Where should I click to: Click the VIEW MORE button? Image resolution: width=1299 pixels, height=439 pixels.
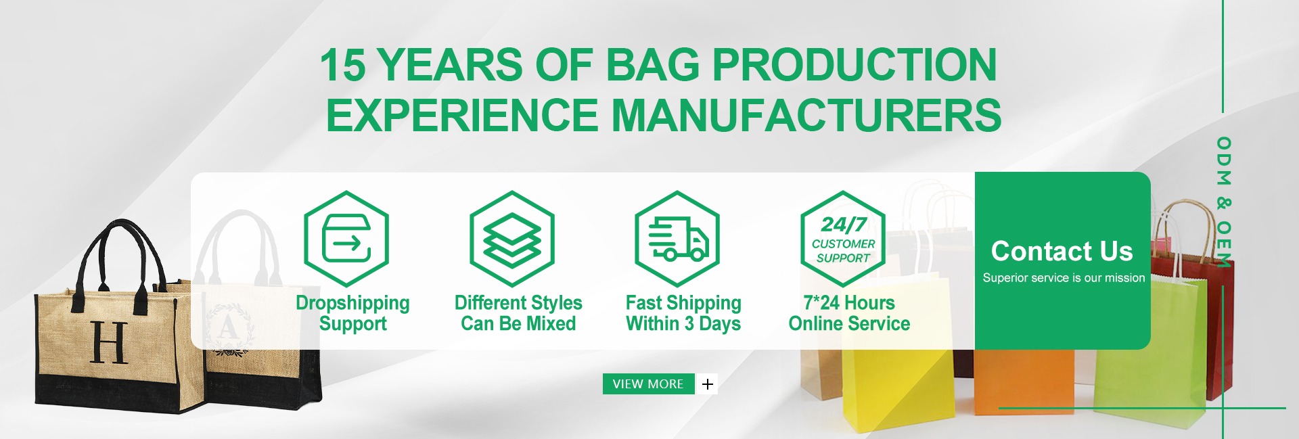(x=648, y=384)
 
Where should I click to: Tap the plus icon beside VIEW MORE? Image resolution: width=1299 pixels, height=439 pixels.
(x=708, y=384)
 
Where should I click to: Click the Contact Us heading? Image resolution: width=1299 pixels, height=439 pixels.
(x=1062, y=251)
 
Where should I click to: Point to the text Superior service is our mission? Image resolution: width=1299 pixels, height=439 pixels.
(x=1064, y=277)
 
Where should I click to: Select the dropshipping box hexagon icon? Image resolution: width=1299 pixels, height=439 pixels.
(x=346, y=238)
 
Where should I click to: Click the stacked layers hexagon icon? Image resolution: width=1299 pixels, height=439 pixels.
(x=512, y=238)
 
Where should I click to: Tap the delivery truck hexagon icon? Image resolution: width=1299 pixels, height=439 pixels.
(x=677, y=238)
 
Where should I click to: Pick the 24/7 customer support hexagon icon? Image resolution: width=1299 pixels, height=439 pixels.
(x=843, y=238)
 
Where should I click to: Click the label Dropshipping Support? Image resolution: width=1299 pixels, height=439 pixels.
(x=352, y=313)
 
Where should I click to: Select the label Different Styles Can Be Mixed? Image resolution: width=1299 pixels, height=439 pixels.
(x=518, y=313)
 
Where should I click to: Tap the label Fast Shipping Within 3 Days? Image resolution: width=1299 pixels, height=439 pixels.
(x=683, y=313)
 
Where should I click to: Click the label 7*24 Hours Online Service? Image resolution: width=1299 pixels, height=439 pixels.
(x=849, y=313)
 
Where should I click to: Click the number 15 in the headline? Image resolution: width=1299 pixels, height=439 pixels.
(x=342, y=65)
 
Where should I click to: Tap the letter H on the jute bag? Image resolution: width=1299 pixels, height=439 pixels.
(x=109, y=342)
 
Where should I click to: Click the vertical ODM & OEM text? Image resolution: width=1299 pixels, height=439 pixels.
(x=1223, y=202)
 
